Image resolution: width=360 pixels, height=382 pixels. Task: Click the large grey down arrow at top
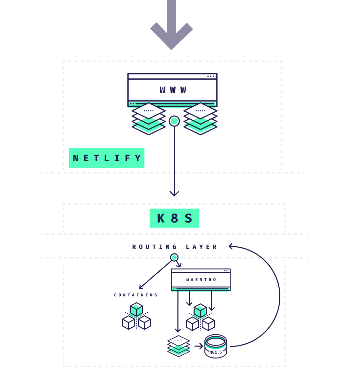pos(172,27)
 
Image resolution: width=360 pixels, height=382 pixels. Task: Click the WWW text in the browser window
pos(173,90)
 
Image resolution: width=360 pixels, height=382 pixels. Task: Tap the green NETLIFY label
pos(107,158)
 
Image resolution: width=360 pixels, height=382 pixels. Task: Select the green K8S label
pos(174,218)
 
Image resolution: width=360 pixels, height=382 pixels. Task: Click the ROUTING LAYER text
pos(175,247)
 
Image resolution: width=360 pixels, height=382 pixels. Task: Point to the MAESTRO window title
pos(201,279)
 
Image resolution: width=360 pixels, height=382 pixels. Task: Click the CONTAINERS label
pos(136,295)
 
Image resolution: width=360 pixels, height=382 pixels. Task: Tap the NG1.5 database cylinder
pos(216,346)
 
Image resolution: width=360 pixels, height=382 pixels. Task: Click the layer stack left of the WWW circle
pos(149,119)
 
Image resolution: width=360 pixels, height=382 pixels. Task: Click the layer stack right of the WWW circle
pos(200,119)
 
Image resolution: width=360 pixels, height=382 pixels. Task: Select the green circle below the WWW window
pos(174,121)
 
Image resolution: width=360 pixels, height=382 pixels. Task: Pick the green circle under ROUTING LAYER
pos(174,257)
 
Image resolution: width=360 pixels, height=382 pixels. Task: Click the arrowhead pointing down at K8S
pos(174,193)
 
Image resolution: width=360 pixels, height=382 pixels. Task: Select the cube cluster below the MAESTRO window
pos(200,317)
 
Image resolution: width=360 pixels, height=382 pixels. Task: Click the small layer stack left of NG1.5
pos(178,346)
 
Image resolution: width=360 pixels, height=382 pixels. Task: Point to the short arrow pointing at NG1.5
pos(199,346)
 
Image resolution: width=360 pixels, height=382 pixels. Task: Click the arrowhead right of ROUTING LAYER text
pos(231,246)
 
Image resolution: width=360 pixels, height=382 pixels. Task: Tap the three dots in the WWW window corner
pos(211,76)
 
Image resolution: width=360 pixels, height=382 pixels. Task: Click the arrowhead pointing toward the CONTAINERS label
pos(141,287)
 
